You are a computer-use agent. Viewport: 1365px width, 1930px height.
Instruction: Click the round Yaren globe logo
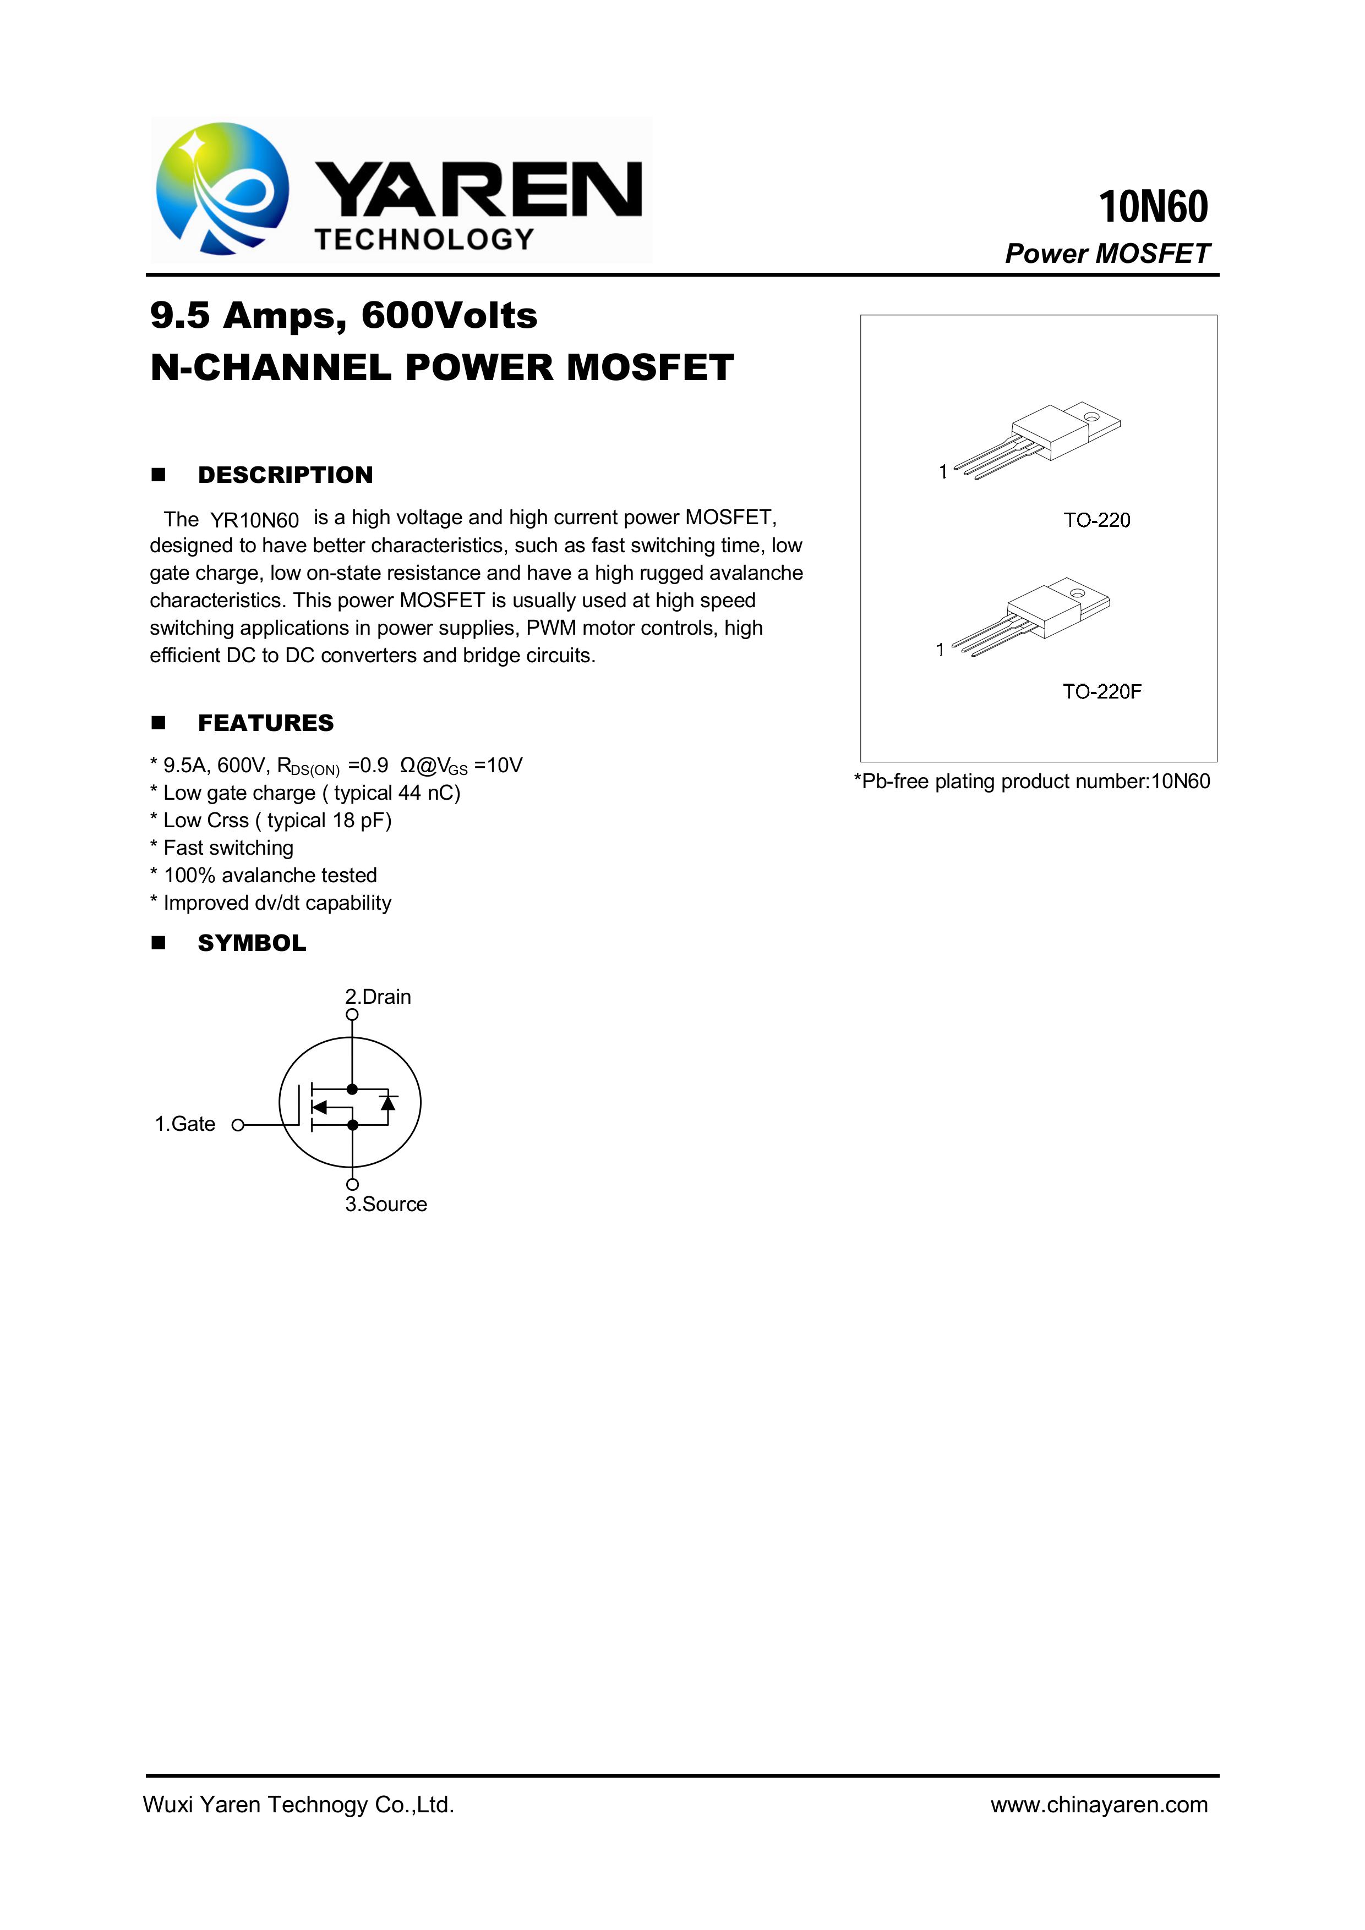222,188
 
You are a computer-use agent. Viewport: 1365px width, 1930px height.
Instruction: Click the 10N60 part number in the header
1153,207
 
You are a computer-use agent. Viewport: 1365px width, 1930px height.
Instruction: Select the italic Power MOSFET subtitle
1107,254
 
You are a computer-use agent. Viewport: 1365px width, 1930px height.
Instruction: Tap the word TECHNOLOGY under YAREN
425,240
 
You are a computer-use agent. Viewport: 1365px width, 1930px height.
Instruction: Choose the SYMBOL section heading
252,943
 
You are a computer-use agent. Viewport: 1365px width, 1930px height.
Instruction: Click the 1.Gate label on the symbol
185,1125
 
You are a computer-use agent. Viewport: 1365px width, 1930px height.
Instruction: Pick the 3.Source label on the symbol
386,1205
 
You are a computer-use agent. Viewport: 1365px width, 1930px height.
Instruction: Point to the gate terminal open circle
238,1125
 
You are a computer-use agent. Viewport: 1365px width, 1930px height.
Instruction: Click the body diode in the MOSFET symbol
387,1102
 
